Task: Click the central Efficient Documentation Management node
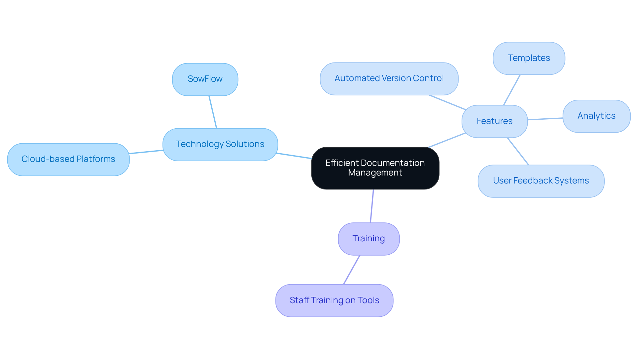tap(375, 168)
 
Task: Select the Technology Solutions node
tap(220, 144)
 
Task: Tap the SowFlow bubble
tap(205, 79)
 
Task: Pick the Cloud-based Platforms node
tap(68, 159)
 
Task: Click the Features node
tap(494, 121)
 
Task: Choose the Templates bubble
tap(529, 58)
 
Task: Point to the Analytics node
tap(596, 116)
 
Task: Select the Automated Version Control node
tap(389, 78)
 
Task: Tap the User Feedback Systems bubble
tap(541, 181)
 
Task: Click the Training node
tap(369, 239)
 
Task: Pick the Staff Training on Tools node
tap(334, 300)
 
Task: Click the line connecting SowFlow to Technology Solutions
tap(213, 112)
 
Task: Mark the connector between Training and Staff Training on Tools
tap(352, 270)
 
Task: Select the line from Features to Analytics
tap(545, 119)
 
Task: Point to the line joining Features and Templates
tap(512, 90)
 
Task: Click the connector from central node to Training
tap(372, 206)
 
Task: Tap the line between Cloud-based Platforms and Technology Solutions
tap(146, 152)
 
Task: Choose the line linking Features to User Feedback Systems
tap(518, 151)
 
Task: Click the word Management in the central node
tap(375, 173)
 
